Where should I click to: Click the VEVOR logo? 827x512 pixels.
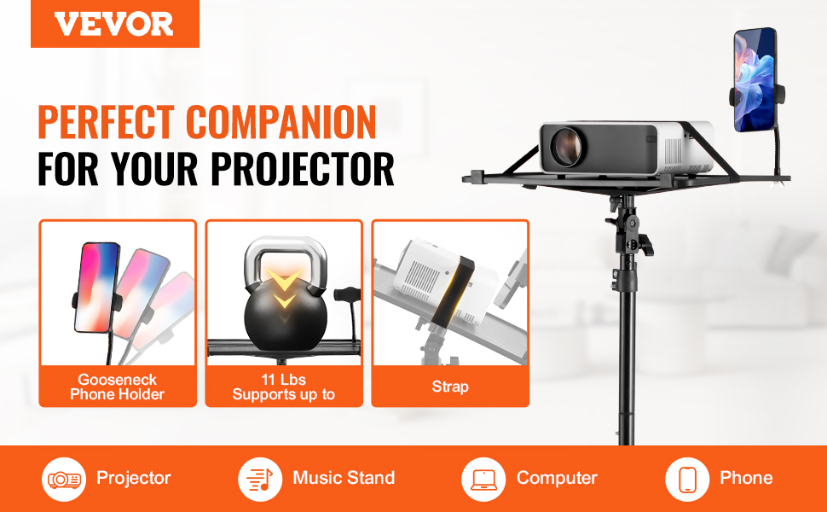[x=114, y=24]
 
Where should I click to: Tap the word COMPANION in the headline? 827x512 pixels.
[x=280, y=122]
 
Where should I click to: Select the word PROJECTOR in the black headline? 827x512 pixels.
[x=302, y=169]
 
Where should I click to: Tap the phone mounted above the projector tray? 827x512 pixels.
[x=755, y=79]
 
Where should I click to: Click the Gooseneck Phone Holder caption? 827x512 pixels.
[x=117, y=387]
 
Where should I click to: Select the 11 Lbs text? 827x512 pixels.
[x=283, y=380]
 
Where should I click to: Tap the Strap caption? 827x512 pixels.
[x=450, y=387]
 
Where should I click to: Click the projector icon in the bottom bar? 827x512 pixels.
[x=64, y=479]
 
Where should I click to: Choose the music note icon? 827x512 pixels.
[x=260, y=479]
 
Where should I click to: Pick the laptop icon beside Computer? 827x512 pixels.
[x=483, y=479]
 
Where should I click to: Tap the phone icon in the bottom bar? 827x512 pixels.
[x=686, y=479]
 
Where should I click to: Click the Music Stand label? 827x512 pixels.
[x=344, y=478]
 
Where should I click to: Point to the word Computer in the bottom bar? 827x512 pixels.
[x=557, y=478]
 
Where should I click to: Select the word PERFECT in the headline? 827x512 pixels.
[x=106, y=122]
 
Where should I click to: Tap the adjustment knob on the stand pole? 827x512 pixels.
[x=645, y=245]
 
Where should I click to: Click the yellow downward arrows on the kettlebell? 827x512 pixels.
[x=284, y=288]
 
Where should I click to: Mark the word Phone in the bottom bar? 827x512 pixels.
[x=746, y=478]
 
